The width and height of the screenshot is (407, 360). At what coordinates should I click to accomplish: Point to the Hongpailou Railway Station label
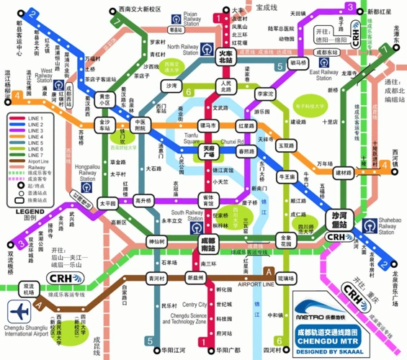85,174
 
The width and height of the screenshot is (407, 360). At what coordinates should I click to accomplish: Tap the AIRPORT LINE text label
255,284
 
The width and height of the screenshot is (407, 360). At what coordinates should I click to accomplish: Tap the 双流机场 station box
26,288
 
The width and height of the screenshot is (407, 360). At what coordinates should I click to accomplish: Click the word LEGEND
25,210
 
